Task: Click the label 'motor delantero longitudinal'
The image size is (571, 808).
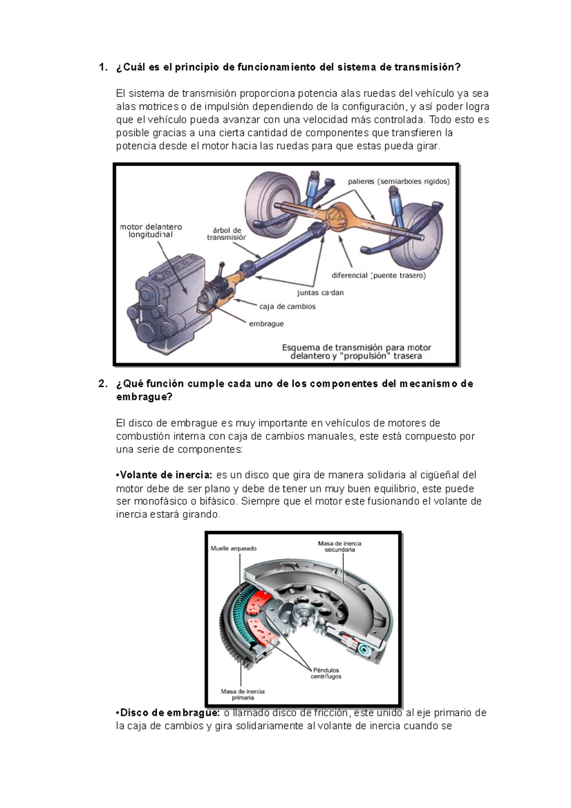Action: click(150, 231)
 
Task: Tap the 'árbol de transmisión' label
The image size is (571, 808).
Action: click(226, 234)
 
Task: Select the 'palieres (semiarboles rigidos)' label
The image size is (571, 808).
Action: click(398, 181)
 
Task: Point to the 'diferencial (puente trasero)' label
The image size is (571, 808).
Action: click(378, 276)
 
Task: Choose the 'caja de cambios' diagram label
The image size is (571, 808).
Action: click(287, 306)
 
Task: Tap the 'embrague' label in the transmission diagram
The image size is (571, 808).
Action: click(266, 324)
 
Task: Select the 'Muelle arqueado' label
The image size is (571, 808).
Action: click(233, 549)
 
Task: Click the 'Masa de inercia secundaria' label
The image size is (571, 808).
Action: click(340, 546)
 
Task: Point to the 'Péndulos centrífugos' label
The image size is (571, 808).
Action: click(326, 673)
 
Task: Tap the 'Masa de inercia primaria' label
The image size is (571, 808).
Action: click(243, 694)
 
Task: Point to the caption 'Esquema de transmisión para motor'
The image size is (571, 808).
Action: click(356, 347)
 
